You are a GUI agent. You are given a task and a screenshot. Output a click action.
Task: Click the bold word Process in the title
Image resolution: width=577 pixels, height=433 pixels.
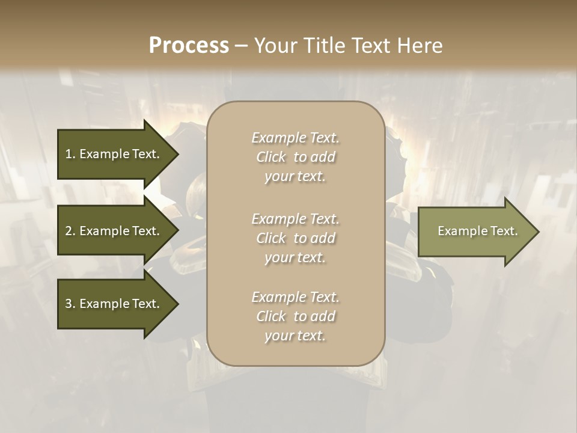pos(189,45)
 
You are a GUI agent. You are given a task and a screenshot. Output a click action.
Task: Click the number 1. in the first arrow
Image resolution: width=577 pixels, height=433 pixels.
pos(70,154)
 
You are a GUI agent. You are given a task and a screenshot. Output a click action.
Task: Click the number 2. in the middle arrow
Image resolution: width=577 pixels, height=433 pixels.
pos(70,231)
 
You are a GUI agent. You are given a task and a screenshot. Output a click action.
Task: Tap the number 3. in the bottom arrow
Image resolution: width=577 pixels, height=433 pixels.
pos(70,304)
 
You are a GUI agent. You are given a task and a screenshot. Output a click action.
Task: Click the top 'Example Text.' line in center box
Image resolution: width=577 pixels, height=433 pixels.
pos(295,138)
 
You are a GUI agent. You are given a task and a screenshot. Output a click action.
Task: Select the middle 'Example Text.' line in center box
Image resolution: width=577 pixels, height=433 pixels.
pos(295,218)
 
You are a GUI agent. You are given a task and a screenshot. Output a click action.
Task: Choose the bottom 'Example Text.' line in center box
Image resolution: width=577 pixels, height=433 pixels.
pos(295,297)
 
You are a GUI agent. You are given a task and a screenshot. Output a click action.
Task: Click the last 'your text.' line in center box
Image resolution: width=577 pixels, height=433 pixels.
pos(295,336)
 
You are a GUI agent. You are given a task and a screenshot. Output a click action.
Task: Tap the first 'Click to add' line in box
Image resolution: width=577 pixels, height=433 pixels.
pos(295,157)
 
